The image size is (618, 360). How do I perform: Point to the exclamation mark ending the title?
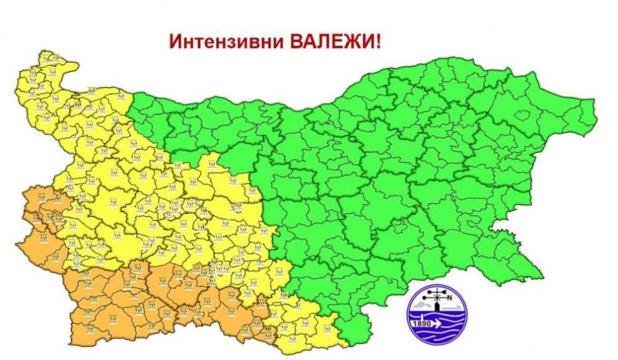pyautogui.click(x=379, y=41)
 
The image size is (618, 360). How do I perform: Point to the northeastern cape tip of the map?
pyautogui.click(x=595, y=101)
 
